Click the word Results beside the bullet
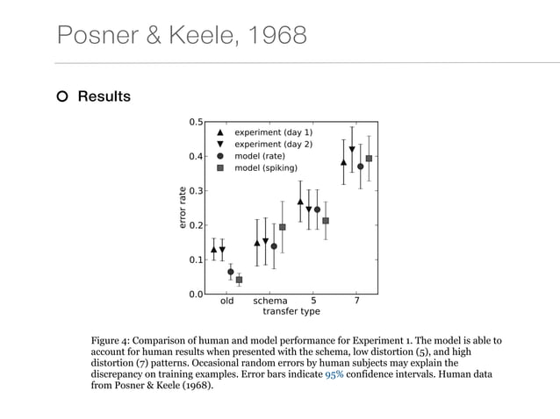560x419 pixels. (x=104, y=96)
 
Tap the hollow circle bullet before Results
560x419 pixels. (x=62, y=96)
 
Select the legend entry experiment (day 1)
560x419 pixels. (x=272, y=131)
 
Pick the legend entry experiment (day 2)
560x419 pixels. (x=272, y=144)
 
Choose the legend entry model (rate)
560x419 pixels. (x=259, y=155)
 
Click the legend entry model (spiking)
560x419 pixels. (x=265, y=167)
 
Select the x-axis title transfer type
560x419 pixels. (x=291, y=311)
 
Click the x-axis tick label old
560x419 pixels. (x=226, y=301)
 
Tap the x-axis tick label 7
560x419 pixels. (x=356, y=301)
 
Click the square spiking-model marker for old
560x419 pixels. (x=239, y=280)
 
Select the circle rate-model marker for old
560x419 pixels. (x=231, y=272)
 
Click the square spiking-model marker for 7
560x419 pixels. (x=369, y=159)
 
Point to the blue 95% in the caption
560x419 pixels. (x=334, y=373)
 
